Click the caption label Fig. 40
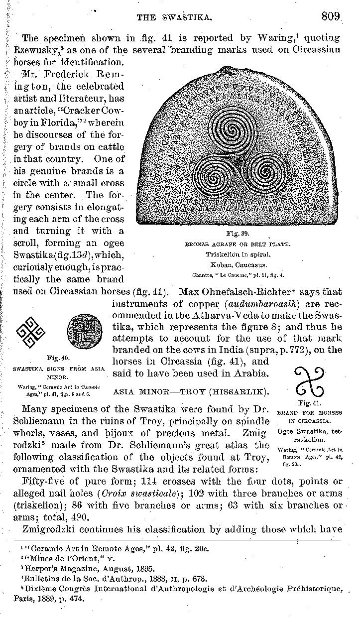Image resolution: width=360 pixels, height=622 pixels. [x=53, y=358]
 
